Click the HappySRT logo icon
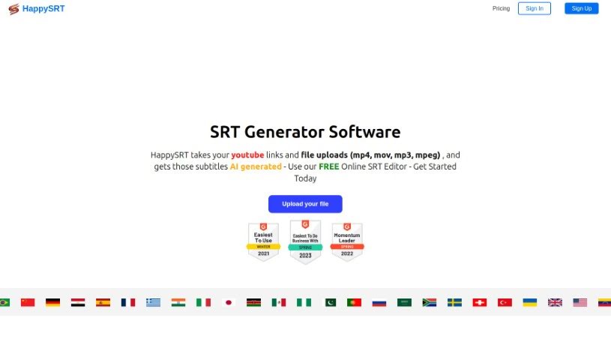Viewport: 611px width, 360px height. (x=13, y=9)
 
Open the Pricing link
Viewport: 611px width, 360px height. (x=501, y=9)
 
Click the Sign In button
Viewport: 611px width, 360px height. (x=535, y=9)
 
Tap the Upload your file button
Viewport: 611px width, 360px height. (x=305, y=204)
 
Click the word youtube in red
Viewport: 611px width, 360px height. (x=248, y=154)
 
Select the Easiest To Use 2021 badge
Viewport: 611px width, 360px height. (x=263, y=241)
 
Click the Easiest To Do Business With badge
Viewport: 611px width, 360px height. (x=305, y=241)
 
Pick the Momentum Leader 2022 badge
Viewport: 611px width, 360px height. (x=347, y=241)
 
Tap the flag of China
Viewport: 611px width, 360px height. (x=28, y=302)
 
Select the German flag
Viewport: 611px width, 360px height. (x=52, y=302)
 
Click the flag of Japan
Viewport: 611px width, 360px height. (x=229, y=302)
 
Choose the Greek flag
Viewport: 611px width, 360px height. (x=153, y=302)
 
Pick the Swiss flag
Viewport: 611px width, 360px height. (x=480, y=302)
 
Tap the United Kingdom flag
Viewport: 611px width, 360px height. (x=555, y=302)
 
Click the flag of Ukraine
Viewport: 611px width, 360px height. (x=530, y=302)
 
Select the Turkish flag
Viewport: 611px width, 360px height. (x=505, y=302)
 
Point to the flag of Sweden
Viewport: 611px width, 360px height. (x=454, y=302)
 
